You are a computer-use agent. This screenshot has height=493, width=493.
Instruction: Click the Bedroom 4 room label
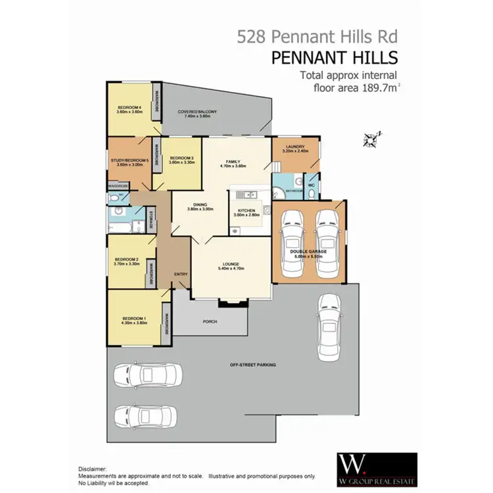point(129,107)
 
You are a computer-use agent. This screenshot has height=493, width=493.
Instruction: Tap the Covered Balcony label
point(197,112)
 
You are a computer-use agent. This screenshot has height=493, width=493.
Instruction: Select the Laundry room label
point(294,148)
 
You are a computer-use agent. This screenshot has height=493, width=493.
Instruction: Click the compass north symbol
point(372,139)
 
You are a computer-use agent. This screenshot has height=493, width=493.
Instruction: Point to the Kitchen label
point(246,211)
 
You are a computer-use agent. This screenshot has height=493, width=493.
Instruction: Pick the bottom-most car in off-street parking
point(145,415)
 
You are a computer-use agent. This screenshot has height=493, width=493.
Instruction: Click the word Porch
point(210,321)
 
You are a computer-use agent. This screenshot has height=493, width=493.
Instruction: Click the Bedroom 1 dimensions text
point(133,322)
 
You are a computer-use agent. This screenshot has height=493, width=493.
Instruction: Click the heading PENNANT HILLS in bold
point(334,58)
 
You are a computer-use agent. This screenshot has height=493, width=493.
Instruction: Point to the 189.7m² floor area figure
point(370,87)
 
